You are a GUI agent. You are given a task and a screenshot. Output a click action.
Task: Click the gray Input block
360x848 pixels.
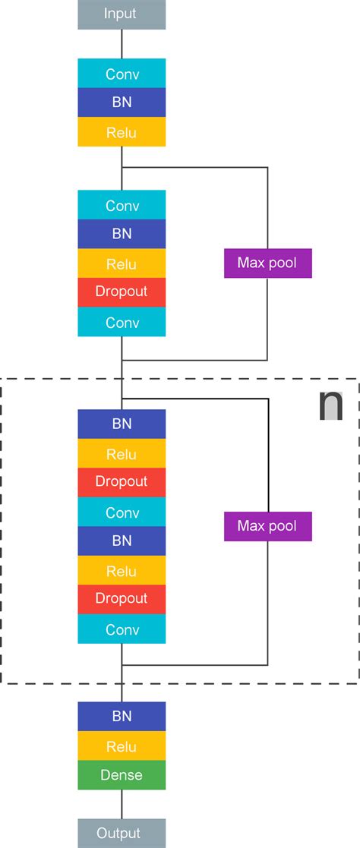tap(122, 14)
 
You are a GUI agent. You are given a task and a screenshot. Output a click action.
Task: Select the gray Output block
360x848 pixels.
tap(122, 833)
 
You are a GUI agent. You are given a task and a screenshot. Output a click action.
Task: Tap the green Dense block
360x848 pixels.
tap(122, 775)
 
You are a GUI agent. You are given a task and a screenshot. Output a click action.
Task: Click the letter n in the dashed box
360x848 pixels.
tap(330, 405)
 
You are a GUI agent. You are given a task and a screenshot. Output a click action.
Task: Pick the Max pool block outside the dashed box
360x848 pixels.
tap(267, 263)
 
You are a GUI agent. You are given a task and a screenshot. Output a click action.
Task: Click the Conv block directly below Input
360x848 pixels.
tap(122, 74)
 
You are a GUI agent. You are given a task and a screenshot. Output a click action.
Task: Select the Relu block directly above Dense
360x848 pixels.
tap(122, 746)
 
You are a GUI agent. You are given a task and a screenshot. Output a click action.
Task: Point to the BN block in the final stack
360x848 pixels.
tap(122, 716)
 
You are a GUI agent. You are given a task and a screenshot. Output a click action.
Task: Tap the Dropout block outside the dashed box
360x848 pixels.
tap(122, 292)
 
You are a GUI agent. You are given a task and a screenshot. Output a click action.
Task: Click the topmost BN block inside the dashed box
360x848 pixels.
tap(122, 424)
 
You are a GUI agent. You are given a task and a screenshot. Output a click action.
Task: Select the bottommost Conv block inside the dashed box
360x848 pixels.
tap(122, 629)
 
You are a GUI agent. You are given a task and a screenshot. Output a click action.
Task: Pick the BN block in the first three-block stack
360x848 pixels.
tap(122, 102)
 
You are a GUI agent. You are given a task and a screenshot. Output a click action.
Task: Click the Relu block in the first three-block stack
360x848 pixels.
tap(122, 132)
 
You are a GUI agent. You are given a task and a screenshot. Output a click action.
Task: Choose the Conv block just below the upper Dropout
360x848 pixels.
tap(122, 322)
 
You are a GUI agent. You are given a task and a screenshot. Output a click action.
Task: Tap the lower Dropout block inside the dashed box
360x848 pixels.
tap(122, 599)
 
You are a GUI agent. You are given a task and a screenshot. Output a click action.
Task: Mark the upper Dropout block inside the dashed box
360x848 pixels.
tap(122, 482)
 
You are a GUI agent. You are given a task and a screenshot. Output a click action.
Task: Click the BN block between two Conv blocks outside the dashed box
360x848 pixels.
tap(122, 235)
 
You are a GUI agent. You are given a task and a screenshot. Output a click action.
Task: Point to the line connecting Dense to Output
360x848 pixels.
tap(122, 804)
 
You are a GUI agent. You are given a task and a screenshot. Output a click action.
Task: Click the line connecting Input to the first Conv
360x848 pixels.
tap(122, 44)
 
